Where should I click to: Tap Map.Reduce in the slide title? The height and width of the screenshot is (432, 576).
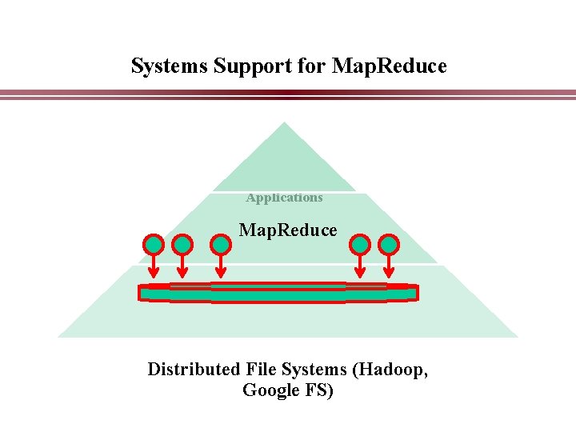(389, 66)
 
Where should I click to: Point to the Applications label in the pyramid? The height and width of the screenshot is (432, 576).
(285, 198)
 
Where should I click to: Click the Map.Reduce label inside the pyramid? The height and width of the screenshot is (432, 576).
(288, 230)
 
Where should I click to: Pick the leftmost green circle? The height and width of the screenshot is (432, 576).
(154, 243)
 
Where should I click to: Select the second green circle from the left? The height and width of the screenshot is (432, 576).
(182, 243)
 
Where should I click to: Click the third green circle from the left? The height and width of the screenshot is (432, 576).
(222, 243)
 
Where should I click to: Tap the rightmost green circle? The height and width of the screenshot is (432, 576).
(389, 243)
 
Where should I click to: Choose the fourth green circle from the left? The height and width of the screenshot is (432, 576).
(361, 243)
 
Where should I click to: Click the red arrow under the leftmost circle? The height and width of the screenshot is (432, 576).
(154, 268)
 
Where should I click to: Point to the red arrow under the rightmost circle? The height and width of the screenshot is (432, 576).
(389, 268)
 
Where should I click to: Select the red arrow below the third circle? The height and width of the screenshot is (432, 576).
(222, 268)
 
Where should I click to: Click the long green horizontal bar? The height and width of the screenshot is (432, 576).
(278, 294)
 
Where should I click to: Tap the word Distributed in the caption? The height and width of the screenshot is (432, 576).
(194, 370)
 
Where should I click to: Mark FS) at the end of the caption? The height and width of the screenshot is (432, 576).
(318, 390)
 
